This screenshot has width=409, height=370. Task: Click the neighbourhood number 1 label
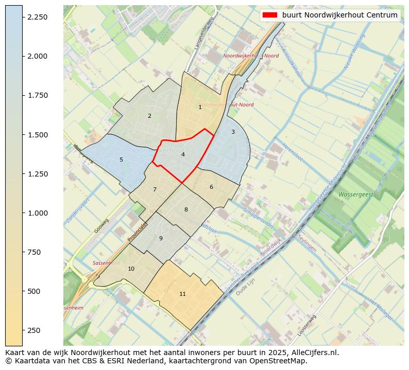tap(200, 107)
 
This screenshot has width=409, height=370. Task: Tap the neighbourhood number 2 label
tap(149, 116)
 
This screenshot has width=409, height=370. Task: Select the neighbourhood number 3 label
tap(233, 132)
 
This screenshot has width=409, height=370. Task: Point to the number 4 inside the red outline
tap(183, 154)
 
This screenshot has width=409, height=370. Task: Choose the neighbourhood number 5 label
tap(121, 160)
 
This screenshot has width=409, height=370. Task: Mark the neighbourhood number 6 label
tap(211, 187)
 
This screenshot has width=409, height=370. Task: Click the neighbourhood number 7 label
tap(155, 189)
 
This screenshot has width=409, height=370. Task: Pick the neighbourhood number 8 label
tap(186, 209)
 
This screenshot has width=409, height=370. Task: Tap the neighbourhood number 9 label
tap(161, 238)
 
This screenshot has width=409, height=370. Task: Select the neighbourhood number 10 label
tap(131, 269)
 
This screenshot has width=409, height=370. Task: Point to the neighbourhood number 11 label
tap(182, 294)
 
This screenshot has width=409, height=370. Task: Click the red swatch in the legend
tap(269, 15)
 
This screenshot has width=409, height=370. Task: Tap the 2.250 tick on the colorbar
tap(37, 17)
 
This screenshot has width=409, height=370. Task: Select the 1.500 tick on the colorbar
tap(37, 135)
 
